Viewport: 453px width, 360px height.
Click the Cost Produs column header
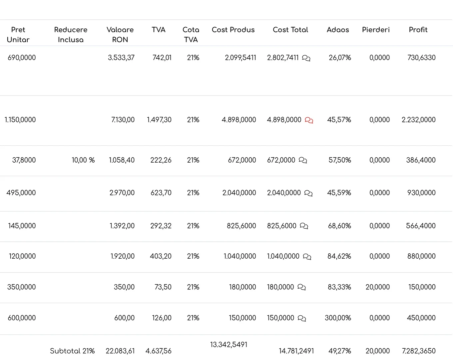tap(233, 30)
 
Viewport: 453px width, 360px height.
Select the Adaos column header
tap(338, 30)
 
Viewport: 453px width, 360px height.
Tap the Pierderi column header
tap(376, 30)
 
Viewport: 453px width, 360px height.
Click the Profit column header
tap(418, 30)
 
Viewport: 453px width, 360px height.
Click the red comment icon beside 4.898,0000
tap(309, 120)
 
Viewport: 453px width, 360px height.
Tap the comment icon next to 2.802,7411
tap(306, 58)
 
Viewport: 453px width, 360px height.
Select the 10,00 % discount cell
tap(83, 160)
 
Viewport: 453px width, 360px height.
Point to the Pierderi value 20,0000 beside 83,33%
tap(378, 287)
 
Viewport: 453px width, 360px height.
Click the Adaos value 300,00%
tap(338, 318)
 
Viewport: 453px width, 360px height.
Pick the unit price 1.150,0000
tap(20, 120)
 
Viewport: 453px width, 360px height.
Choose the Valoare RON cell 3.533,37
tap(121, 58)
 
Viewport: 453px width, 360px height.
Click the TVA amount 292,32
tap(161, 226)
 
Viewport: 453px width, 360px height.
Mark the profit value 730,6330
tap(421, 58)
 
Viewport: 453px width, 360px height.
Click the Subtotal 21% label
tap(72, 351)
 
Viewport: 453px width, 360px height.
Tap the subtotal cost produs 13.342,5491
tap(228, 345)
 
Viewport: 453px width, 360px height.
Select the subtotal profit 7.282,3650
tap(419, 351)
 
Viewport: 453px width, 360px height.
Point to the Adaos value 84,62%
tap(339, 256)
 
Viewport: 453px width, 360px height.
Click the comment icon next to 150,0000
tap(302, 318)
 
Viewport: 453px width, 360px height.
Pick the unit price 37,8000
tap(24, 160)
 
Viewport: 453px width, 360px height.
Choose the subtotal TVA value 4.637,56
tap(159, 351)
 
